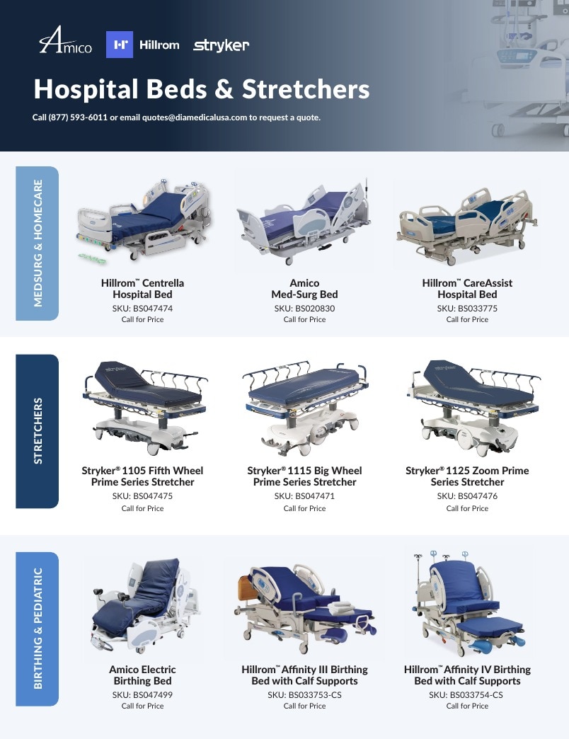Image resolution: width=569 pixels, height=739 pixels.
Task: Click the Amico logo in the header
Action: point(65,41)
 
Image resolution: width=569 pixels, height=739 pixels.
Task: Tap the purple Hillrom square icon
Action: point(119,45)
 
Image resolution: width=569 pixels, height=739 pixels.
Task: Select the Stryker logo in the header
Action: point(221,45)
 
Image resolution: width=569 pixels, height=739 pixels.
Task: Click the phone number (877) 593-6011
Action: point(78,118)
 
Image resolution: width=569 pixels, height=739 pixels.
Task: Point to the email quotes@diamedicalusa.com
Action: point(195,118)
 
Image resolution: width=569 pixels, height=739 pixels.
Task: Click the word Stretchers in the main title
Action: point(306,89)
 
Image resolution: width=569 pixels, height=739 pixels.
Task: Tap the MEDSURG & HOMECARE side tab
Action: point(38,244)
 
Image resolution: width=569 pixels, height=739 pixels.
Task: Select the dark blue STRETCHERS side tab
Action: point(38,431)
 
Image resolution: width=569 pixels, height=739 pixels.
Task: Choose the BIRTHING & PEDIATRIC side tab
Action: point(38,629)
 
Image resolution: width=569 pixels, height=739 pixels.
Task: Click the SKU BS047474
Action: point(142,308)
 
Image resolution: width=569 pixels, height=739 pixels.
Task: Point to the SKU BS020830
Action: point(304,308)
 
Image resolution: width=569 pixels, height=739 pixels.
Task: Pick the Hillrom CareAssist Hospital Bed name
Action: point(467,288)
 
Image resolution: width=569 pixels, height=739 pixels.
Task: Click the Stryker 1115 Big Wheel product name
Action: point(304,476)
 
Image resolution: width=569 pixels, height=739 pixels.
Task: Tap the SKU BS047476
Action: point(467,495)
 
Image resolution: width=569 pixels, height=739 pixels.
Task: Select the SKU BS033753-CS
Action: point(304,694)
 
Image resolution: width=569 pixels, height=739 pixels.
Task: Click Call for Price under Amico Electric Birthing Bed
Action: point(142,706)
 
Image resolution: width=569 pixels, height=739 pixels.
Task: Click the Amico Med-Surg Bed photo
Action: point(304,221)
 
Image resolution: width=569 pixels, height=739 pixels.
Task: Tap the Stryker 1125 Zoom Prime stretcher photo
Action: point(473,408)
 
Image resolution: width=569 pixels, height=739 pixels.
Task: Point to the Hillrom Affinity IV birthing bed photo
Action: point(469,602)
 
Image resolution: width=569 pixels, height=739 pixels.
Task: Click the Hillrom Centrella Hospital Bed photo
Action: point(144,219)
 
